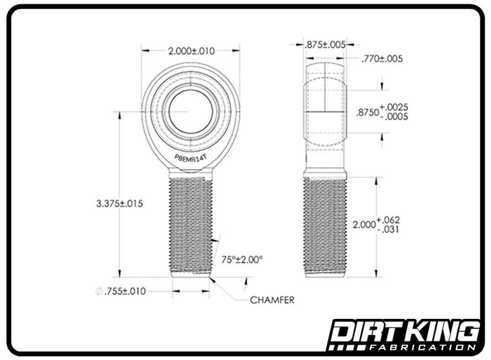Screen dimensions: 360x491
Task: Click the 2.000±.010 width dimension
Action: click(x=191, y=51)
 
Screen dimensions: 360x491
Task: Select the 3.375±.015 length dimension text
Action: click(x=120, y=204)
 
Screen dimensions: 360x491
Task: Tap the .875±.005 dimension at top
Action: click(x=324, y=44)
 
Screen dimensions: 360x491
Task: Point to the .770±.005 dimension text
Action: click(x=382, y=58)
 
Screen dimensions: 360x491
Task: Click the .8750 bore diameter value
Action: click(x=367, y=112)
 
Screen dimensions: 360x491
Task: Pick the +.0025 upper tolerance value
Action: click(x=394, y=107)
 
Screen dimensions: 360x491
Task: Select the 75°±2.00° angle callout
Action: click(x=242, y=259)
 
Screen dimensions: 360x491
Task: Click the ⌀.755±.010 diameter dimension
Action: click(x=121, y=291)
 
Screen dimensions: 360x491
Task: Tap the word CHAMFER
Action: click(x=272, y=300)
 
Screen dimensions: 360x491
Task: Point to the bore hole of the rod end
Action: click(x=190, y=111)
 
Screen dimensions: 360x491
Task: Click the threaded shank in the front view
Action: click(x=190, y=224)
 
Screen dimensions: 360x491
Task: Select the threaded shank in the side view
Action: click(x=325, y=224)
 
